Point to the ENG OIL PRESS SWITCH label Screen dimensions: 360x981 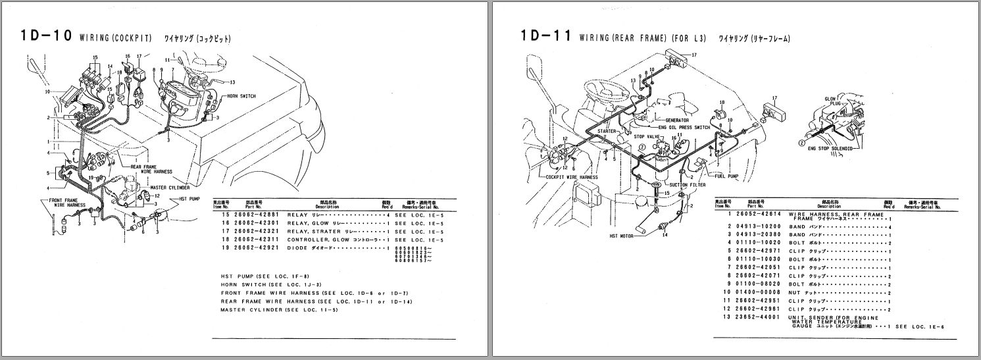coord(684,127)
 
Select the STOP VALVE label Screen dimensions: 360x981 coord(646,137)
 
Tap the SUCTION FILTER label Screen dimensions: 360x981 coord(688,185)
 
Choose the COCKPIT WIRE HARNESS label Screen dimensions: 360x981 coord(572,177)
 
